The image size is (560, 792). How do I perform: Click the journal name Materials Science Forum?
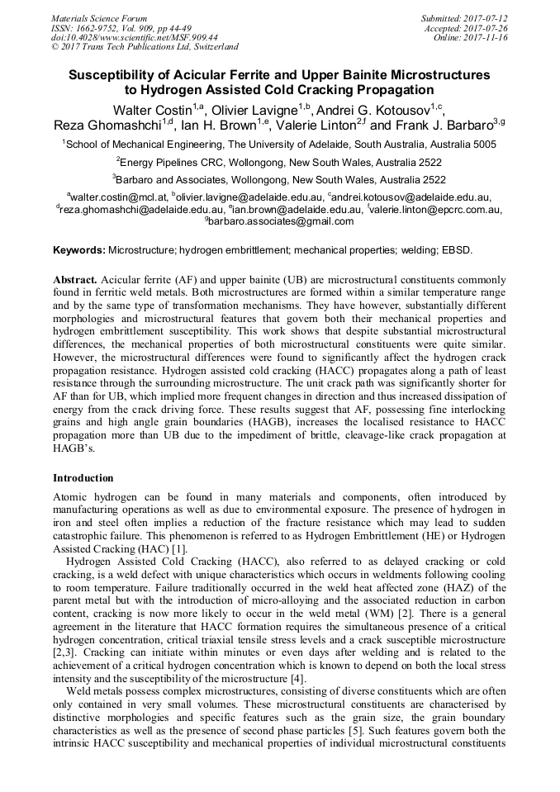coord(99,17)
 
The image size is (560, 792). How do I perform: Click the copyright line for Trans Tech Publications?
coord(145,47)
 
